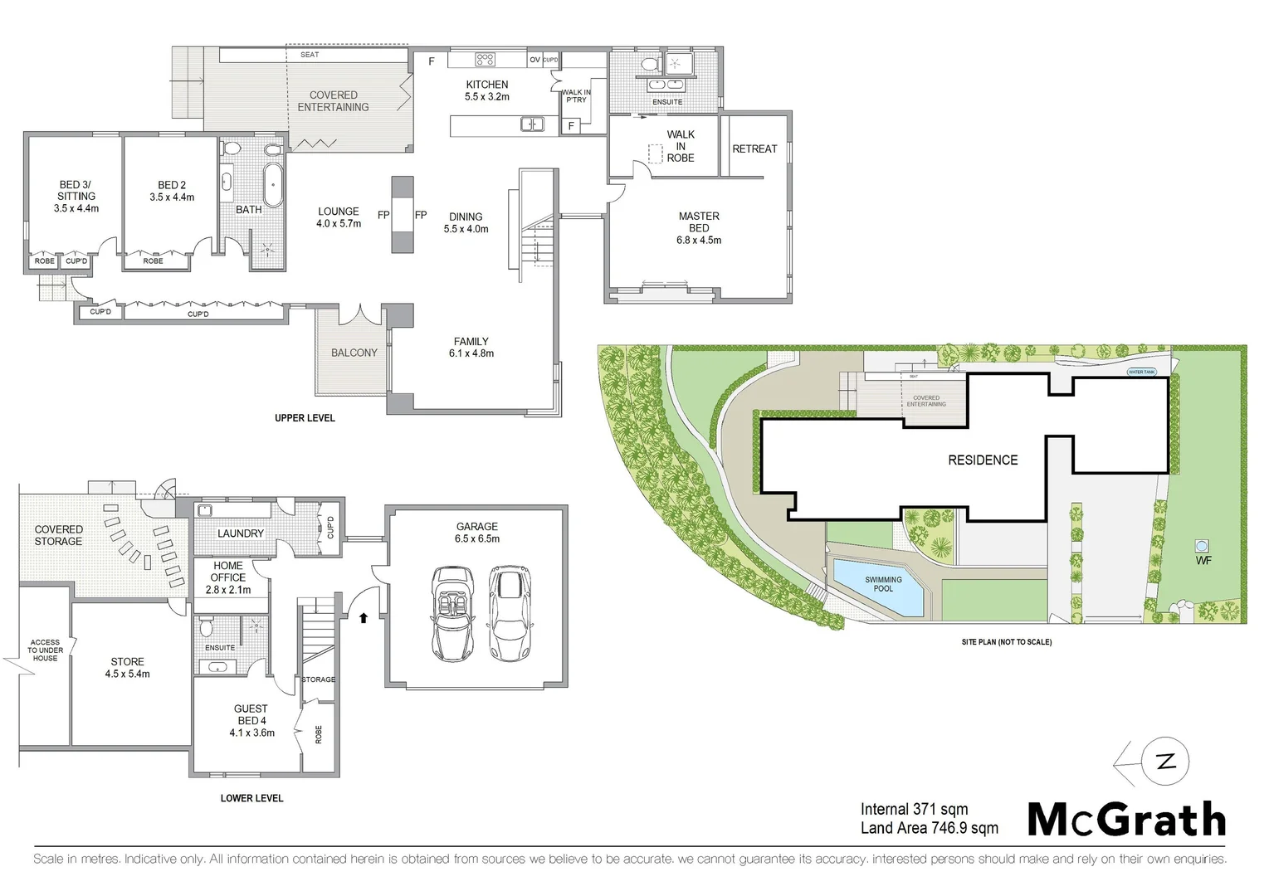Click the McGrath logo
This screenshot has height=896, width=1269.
[1126, 820]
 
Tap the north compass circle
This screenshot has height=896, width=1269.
[1165, 762]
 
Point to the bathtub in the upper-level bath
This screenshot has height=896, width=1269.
[272, 184]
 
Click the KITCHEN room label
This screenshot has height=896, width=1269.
[487, 85]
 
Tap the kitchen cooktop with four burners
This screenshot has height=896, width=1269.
[485, 59]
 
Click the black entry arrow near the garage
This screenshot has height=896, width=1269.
[363, 617]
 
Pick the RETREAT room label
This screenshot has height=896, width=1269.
[754, 149]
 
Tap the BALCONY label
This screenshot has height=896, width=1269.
[354, 353]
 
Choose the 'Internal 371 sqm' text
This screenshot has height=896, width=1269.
[914, 809]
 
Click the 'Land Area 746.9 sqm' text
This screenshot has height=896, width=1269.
[929, 828]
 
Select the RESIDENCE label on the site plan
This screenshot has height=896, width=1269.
[983, 460]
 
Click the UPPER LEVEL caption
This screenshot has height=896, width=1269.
[305, 418]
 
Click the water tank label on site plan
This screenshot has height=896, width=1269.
[1141, 372]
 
